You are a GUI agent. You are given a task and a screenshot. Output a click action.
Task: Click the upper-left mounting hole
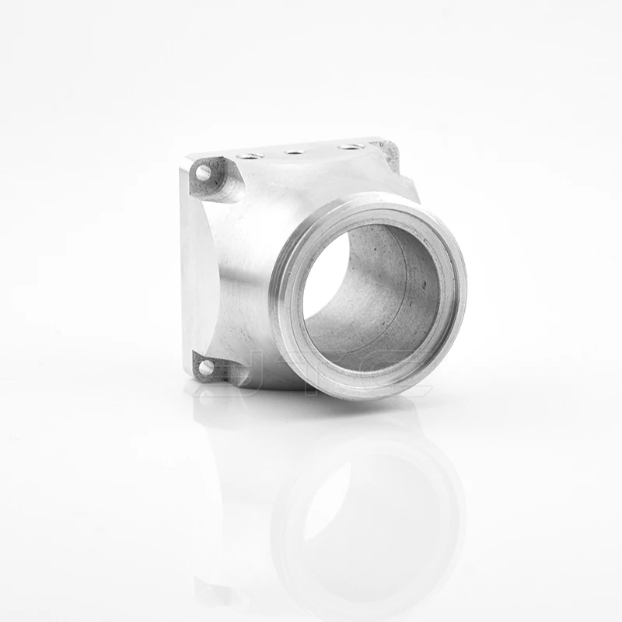pos(204,173)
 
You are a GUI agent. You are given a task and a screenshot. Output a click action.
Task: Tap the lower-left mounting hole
pos(205,368)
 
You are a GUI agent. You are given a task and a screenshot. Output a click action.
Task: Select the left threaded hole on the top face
pos(248,156)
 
